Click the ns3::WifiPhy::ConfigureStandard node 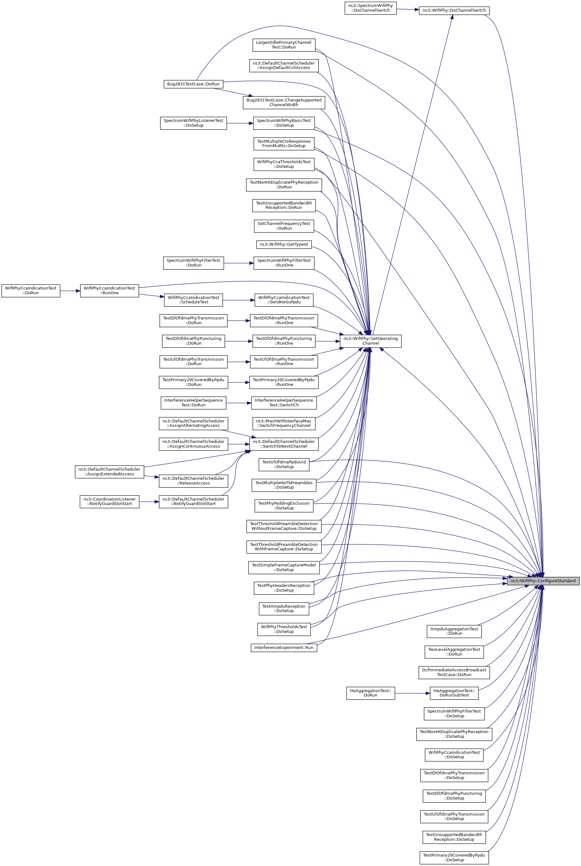click(543, 581)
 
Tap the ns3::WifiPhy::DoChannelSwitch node click(454, 10)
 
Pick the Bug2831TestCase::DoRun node click(193, 84)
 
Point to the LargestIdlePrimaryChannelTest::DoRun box click(283, 45)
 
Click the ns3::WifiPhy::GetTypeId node click(283, 244)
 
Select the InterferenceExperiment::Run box click(283, 648)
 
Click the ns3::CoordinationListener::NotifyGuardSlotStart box click(109, 502)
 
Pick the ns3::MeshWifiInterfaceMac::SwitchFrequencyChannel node click(283, 423)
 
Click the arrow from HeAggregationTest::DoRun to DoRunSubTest click(412, 693)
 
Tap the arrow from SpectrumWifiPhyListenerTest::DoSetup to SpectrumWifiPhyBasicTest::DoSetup click(240, 123)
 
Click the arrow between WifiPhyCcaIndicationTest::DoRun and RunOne click(70, 291)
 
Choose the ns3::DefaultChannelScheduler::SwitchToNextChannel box click(283, 444)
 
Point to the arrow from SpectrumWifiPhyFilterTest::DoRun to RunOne click(239, 263)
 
